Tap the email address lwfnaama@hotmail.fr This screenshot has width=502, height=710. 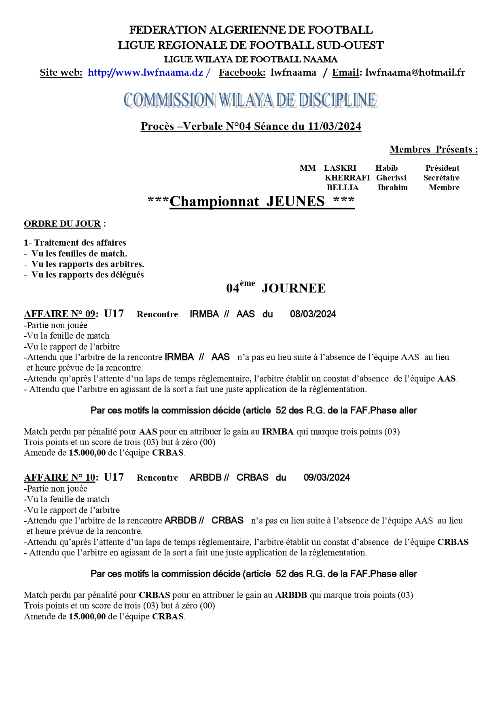tap(415, 73)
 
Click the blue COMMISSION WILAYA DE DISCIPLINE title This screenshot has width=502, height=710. tap(250, 100)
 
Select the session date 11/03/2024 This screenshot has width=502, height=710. tap(334, 127)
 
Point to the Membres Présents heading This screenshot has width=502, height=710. tap(433, 150)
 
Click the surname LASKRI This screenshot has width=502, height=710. tap(340, 168)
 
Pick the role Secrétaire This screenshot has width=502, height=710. tap(441, 178)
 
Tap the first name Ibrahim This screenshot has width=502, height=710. tap(392, 188)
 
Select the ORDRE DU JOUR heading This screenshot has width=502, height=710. tap(62, 224)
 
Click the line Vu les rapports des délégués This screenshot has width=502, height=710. tap(87, 275)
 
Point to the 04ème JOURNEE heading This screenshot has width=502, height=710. tap(276, 288)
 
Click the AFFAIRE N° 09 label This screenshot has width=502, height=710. tap(60, 314)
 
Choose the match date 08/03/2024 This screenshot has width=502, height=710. tap(313, 314)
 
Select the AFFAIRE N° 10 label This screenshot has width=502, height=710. tap(60, 478)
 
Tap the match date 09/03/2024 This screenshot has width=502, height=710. tap(326, 478)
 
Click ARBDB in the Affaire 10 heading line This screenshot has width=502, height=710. tap(205, 478)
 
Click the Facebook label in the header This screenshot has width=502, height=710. tap(242, 73)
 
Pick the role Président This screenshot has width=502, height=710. tap(442, 168)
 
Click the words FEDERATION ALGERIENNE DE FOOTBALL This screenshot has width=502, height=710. tap(251, 30)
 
